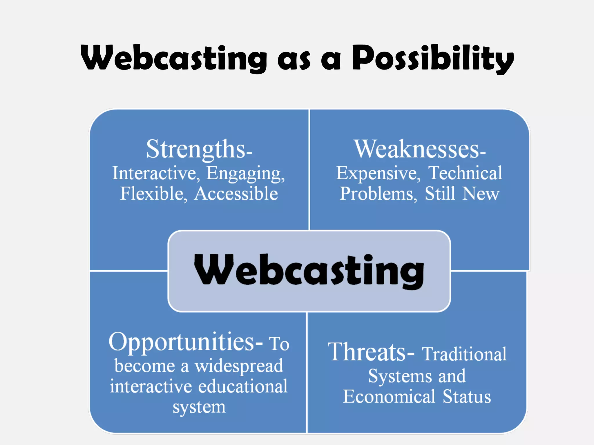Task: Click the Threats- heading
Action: [x=371, y=352]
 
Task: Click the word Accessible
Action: [x=236, y=194]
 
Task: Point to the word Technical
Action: [x=465, y=173]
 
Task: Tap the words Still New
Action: [x=462, y=194]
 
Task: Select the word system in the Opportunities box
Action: [x=199, y=407]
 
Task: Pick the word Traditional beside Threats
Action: [x=464, y=354]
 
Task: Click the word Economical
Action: [x=389, y=397]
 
